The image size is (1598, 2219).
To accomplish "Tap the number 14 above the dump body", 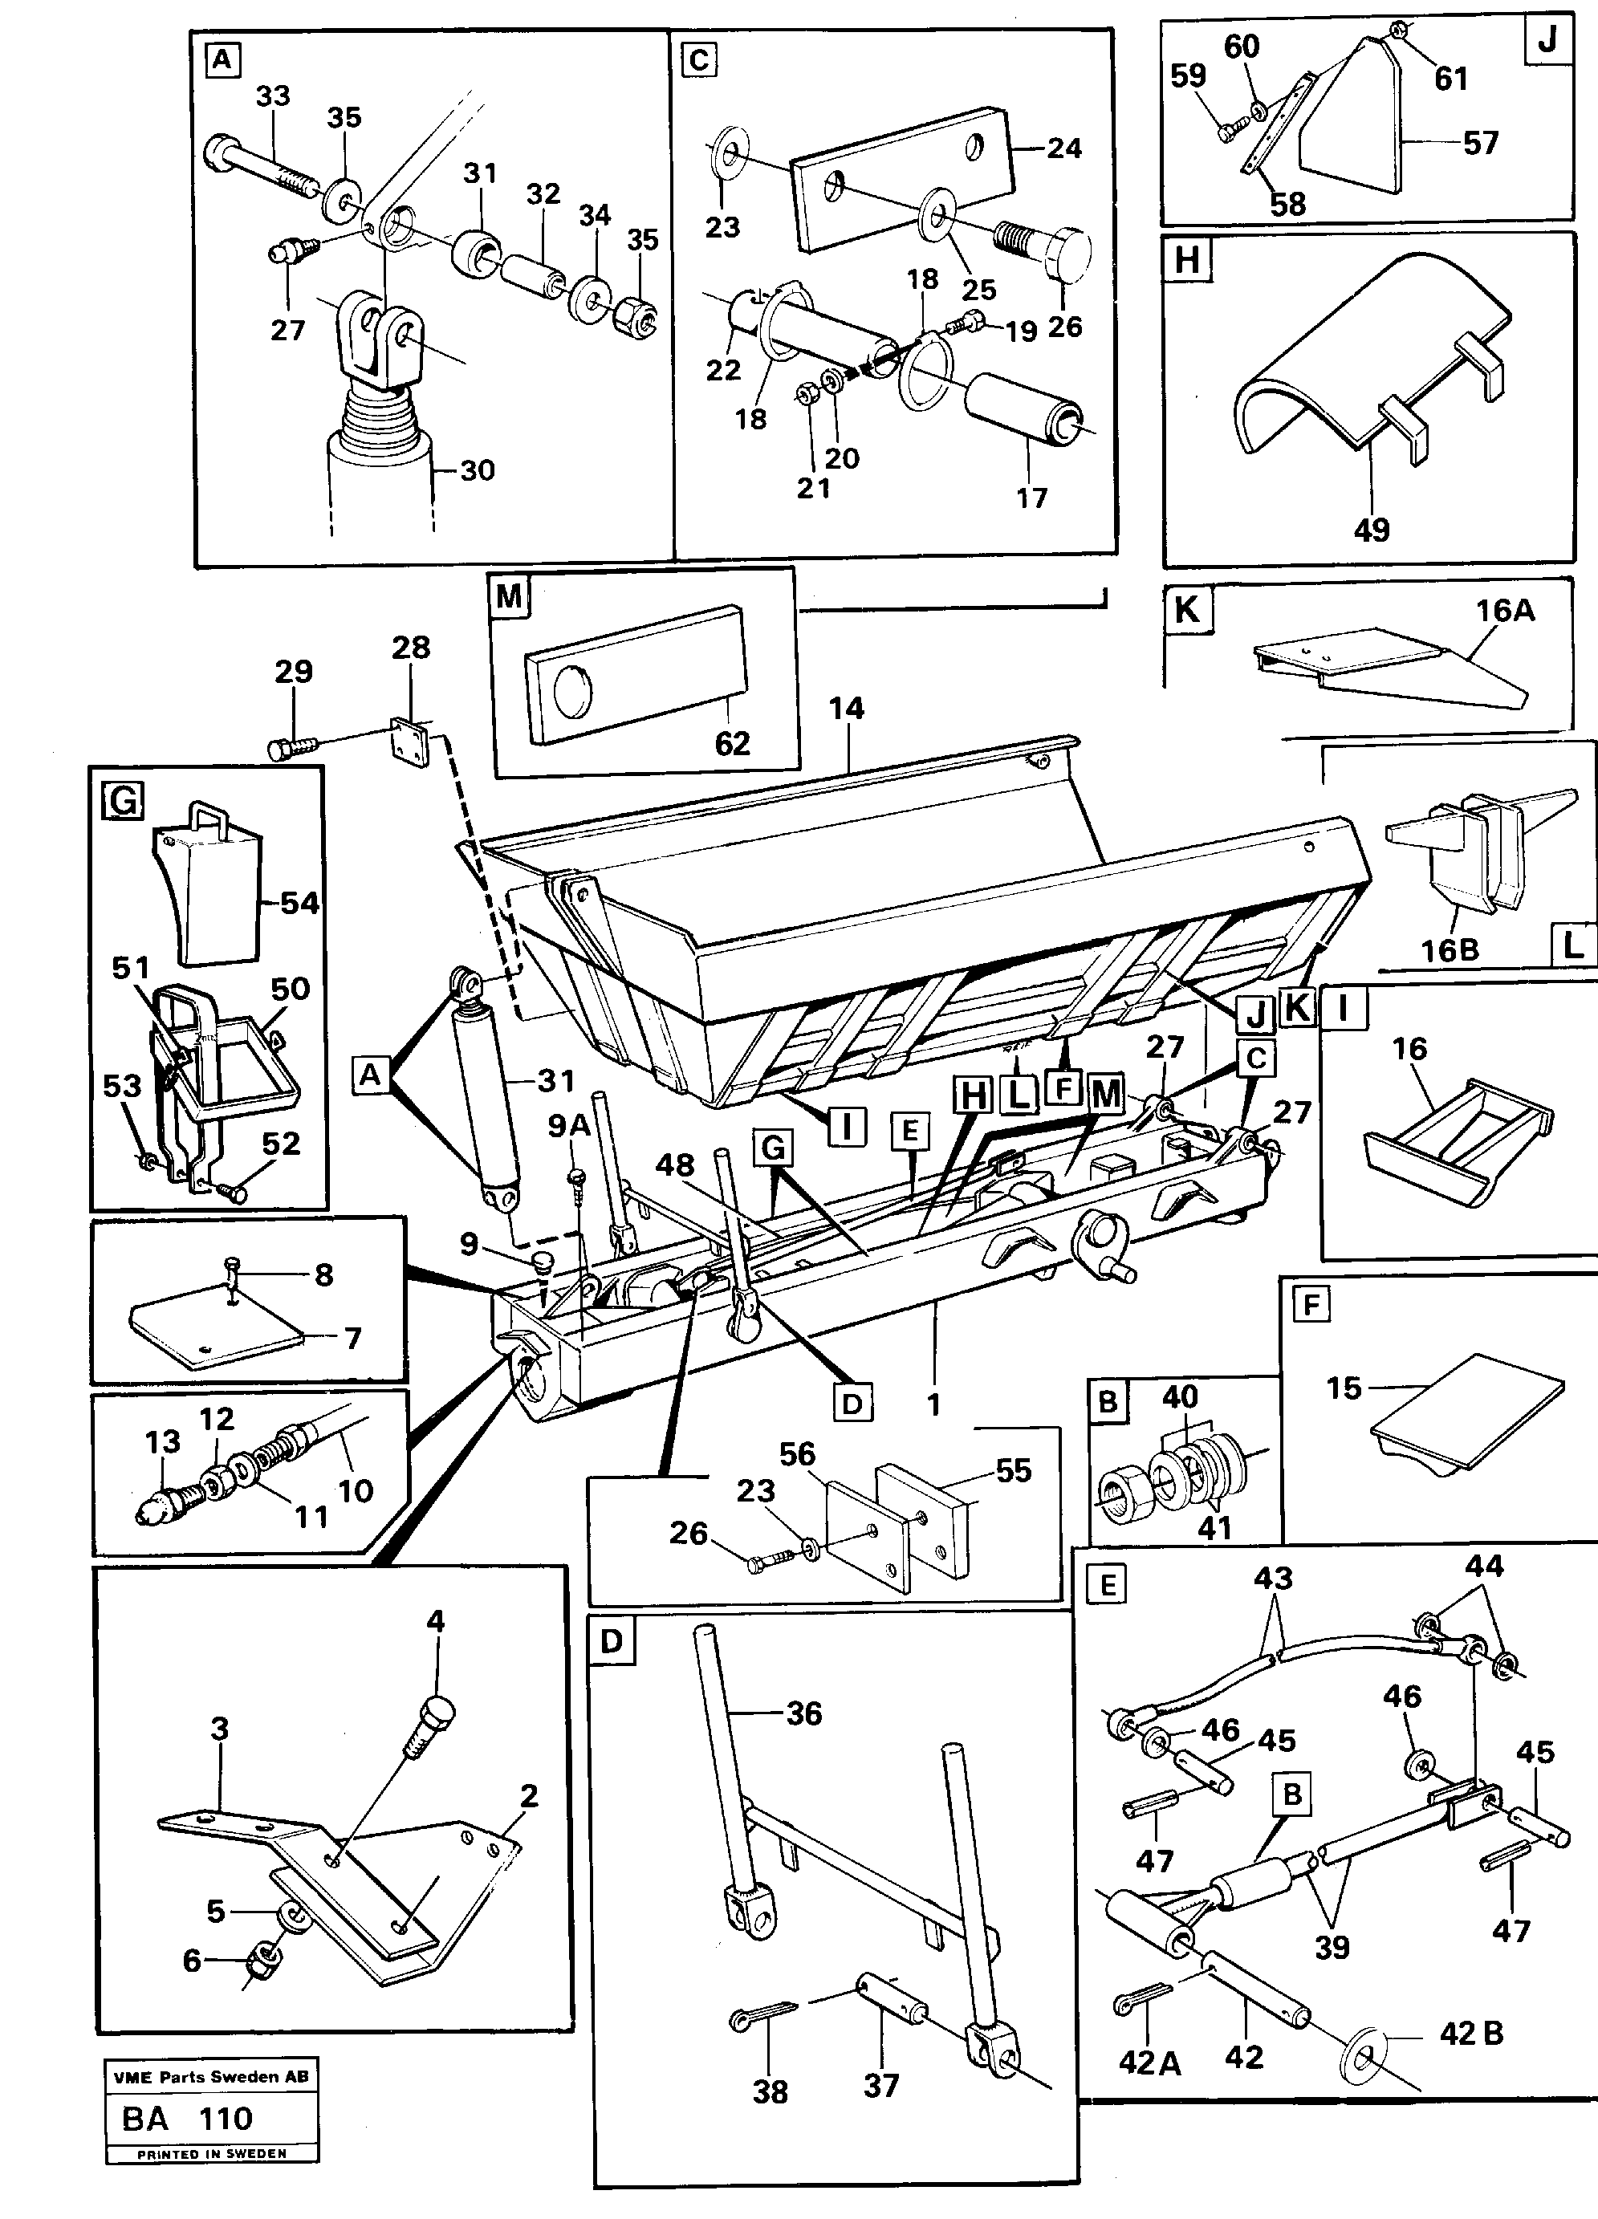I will [x=847, y=709].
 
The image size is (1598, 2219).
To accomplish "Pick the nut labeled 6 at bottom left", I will [x=264, y=1959].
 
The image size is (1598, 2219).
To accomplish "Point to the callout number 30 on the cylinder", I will [x=477, y=470].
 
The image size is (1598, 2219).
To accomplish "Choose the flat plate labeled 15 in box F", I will [x=1468, y=1420].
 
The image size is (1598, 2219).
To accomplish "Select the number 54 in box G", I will [x=299, y=902].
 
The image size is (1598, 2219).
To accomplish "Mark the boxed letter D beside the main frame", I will [x=852, y=1404].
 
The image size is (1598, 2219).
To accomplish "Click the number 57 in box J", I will [x=1481, y=143].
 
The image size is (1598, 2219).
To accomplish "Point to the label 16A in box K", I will [x=1505, y=611].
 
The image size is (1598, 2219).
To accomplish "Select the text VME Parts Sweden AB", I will [x=211, y=2077].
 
